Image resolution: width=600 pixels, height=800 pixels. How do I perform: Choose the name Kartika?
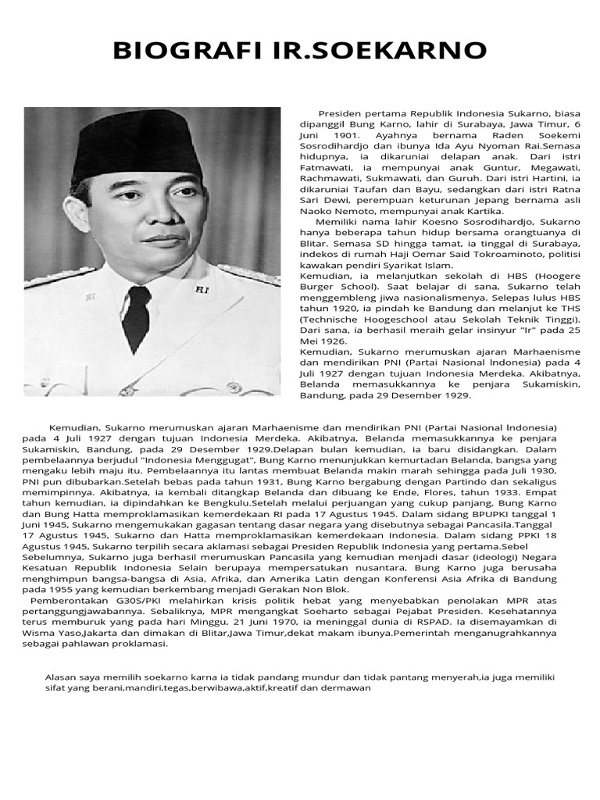tap(481, 210)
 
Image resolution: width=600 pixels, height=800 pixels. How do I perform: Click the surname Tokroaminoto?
tap(488, 254)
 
